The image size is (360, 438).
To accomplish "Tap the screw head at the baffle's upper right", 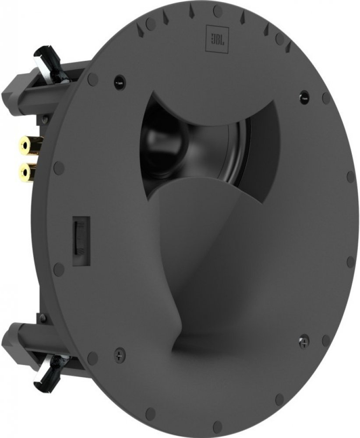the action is [x=302, y=97].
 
